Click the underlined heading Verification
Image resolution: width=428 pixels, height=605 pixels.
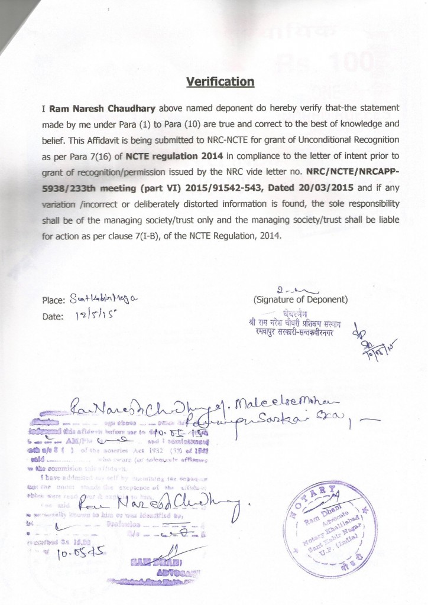coord(220,82)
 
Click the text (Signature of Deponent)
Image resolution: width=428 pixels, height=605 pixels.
coord(300,299)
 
